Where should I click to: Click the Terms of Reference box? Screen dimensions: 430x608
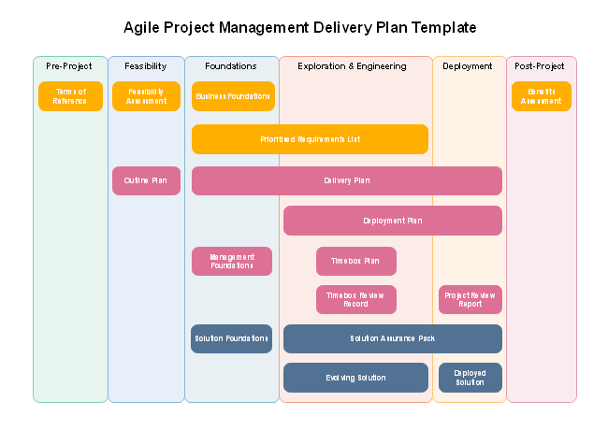pos(70,96)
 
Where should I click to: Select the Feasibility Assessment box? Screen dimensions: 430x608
pos(146,96)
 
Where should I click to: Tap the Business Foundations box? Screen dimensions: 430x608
pos(233,96)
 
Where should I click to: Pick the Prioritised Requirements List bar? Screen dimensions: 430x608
pos(310,139)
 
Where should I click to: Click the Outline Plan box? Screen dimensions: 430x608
pos(146,180)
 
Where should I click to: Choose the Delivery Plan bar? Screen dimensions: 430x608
pos(346,180)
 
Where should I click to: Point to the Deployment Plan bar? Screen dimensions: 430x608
pos(392,221)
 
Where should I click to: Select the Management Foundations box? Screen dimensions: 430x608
pos(232,262)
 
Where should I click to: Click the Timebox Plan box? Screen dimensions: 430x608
pos(355,262)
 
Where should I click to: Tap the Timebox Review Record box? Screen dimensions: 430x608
pos(355,300)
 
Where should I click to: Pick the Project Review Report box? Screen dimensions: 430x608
pos(470,300)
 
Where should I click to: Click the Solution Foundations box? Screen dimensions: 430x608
pos(231,338)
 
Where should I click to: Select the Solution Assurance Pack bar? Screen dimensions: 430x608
pos(392,338)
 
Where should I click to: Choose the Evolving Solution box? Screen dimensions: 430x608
pos(355,378)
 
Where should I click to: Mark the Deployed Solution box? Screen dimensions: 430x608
pos(470,378)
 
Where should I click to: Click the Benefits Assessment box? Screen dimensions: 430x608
pos(541,96)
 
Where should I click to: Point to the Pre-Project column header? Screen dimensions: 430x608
pos(69,66)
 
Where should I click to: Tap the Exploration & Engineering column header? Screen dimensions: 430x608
pos(352,66)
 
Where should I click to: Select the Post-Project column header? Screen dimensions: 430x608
pos(540,66)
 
